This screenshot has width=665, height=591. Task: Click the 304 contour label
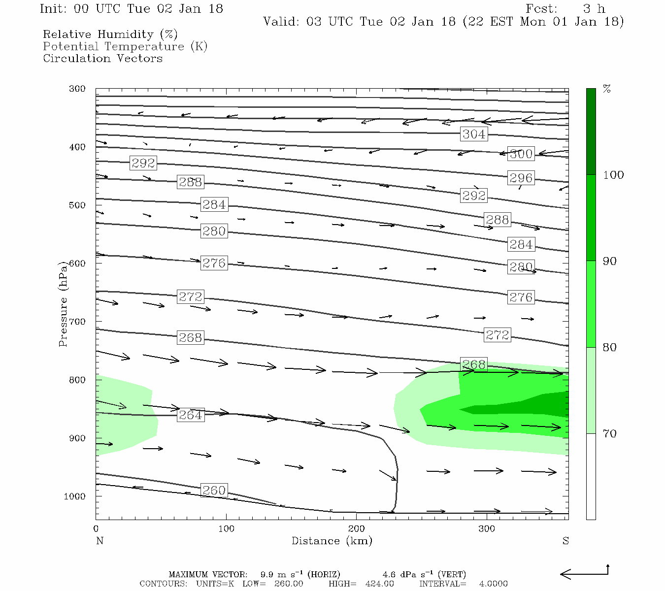pyautogui.click(x=474, y=134)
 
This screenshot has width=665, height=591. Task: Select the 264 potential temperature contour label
pyautogui.click(x=190, y=415)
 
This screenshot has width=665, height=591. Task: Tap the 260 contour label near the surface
pyautogui.click(x=214, y=491)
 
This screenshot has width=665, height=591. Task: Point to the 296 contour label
pyautogui.click(x=521, y=178)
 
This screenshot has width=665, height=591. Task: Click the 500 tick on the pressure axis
pyautogui.click(x=77, y=205)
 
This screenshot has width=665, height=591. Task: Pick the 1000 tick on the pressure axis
pyautogui.click(x=75, y=496)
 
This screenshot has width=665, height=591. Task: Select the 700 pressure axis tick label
pyautogui.click(x=77, y=322)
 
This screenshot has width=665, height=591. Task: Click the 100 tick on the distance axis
pyautogui.click(x=227, y=529)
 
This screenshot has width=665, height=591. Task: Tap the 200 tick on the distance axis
pyautogui.click(x=357, y=529)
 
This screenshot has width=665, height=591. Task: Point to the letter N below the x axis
pyautogui.click(x=100, y=541)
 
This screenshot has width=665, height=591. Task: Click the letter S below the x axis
pyautogui.click(x=565, y=541)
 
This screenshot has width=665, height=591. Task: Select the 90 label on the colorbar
pyautogui.click(x=610, y=261)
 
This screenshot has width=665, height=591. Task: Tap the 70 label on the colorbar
pyautogui.click(x=610, y=434)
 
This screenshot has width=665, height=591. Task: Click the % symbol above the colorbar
pyautogui.click(x=607, y=89)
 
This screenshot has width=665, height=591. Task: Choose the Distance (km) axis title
pyautogui.click(x=332, y=541)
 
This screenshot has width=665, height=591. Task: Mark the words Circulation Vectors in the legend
pyautogui.click(x=102, y=58)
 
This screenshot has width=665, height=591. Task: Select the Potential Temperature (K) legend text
pyautogui.click(x=125, y=46)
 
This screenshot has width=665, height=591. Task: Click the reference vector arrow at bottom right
pyautogui.click(x=584, y=573)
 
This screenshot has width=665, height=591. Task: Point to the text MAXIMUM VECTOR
pyautogui.click(x=208, y=574)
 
